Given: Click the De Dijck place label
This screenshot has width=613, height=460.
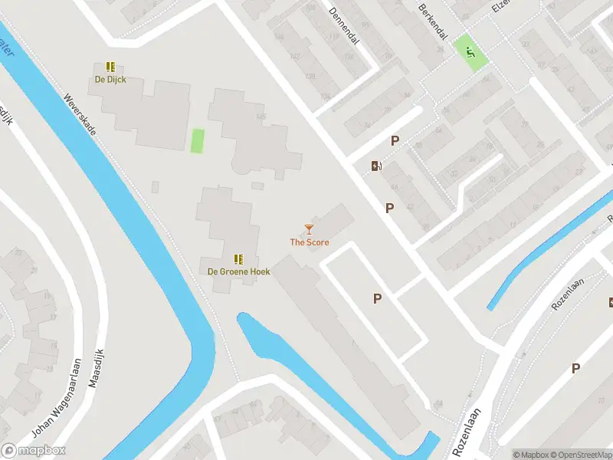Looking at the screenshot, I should pyautogui.click(x=110, y=79).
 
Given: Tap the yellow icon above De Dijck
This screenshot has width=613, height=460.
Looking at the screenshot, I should pyautogui.click(x=110, y=67).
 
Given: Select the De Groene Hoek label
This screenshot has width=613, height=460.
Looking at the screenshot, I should pyautogui.click(x=238, y=271).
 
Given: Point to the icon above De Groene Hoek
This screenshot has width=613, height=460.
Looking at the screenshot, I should pyautogui.click(x=238, y=259).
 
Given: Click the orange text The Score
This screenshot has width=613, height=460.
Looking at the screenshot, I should pyautogui.click(x=309, y=242).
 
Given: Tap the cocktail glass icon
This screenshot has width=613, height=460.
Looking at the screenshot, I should pyautogui.click(x=309, y=229).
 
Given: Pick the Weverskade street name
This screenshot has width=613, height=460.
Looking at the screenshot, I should pyautogui.click(x=80, y=115).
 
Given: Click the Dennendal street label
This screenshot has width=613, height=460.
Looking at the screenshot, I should pyautogui.click(x=343, y=26).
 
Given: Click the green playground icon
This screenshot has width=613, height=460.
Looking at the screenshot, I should pyautogui.click(x=468, y=52).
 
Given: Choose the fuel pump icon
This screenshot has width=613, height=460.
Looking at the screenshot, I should pyautogui.click(x=376, y=166).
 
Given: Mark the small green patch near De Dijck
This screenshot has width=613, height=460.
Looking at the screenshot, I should pyautogui.click(x=197, y=141).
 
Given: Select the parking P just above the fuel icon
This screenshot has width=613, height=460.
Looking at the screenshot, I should pyautogui.click(x=395, y=140).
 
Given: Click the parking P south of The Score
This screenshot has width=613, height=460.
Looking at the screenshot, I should pyautogui.click(x=377, y=299).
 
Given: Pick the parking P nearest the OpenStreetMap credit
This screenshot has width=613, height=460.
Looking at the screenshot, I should pyautogui.click(x=575, y=369).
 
